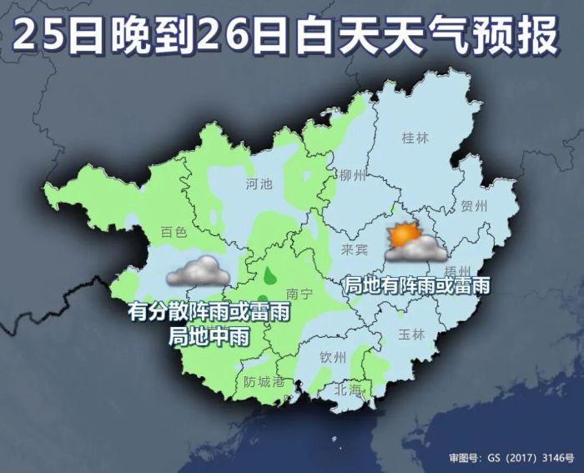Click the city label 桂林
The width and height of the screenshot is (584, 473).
(x=415, y=138)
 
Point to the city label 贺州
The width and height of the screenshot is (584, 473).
(x=473, y=206)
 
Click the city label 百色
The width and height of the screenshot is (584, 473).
(x=174, y=233)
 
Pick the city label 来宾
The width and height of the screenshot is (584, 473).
(x=355, y=249)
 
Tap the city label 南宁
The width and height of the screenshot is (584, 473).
(x=298, y=294)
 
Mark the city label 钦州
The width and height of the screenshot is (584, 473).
(x=333, y=357)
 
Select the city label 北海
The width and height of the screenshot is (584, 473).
(x=349, y=390)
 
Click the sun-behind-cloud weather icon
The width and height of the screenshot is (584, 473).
(x=412, y=242)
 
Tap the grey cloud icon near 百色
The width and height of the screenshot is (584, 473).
(x=198, y=271)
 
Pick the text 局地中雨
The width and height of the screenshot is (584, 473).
(x=209, y=335)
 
